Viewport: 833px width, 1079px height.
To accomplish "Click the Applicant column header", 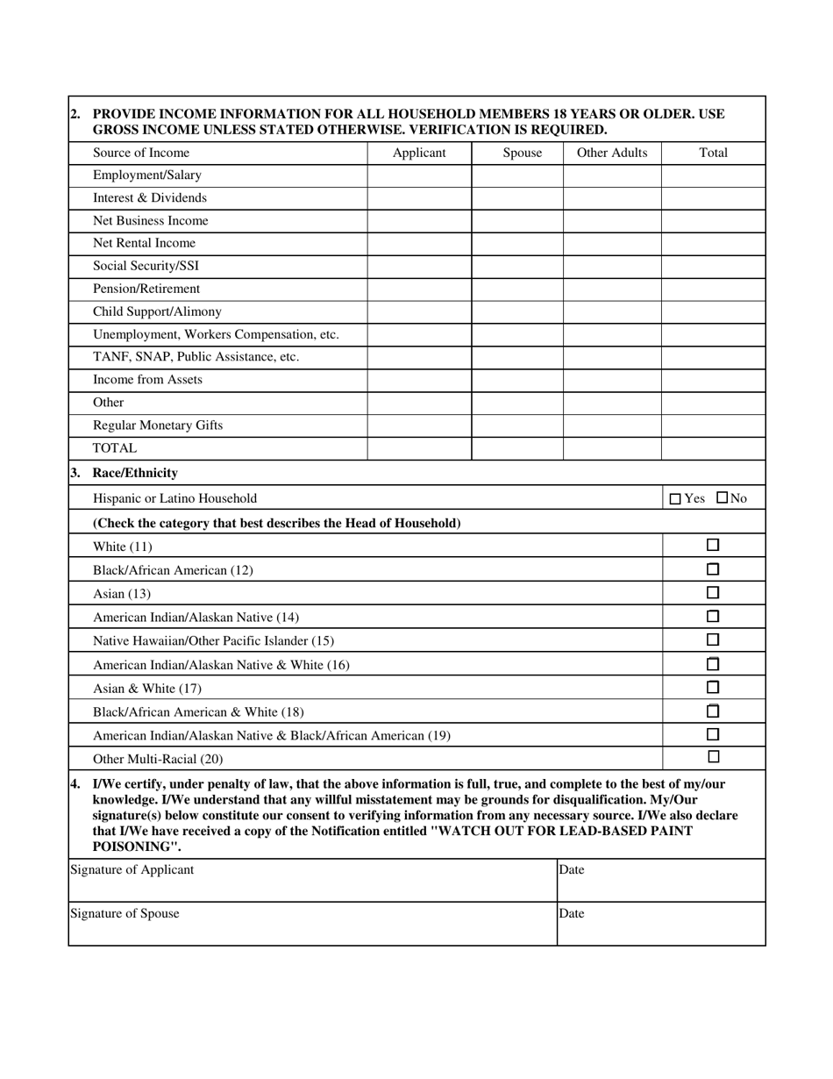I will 419,153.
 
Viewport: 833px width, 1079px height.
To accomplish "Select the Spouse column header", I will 522,153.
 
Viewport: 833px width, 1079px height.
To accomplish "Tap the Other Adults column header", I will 611,153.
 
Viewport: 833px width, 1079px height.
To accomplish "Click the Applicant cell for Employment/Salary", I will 419,175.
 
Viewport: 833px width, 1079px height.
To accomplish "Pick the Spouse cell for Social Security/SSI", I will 516,267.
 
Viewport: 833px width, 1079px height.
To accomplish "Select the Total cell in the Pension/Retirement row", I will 713,289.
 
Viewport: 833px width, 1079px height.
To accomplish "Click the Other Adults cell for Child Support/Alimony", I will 611,312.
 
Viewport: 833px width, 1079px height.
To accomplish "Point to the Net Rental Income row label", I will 144,244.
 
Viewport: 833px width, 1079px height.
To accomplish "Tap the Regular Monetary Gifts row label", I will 158,425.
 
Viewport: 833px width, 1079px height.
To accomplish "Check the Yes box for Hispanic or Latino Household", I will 674,499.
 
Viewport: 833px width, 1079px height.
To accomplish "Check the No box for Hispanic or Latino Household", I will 722,498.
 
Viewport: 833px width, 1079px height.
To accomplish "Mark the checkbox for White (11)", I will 713,546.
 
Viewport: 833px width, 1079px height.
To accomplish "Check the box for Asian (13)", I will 713,593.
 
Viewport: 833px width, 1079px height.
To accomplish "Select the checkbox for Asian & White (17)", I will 713,688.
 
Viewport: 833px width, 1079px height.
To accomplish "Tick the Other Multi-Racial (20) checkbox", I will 713,757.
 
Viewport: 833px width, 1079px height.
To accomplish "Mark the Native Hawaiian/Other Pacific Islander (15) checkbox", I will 713,640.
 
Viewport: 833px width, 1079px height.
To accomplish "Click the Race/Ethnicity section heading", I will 135,473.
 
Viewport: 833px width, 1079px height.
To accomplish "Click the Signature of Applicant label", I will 132,870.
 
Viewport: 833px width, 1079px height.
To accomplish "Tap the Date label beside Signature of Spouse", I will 572,914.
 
